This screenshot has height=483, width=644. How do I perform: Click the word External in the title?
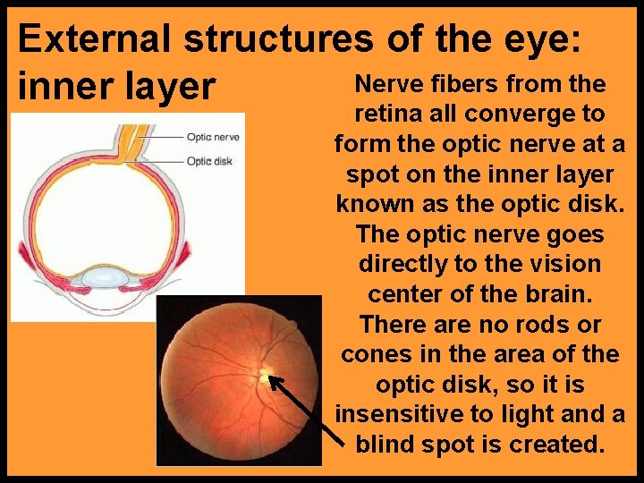(x=96, y=38)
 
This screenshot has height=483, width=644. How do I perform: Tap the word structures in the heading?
(x=280, y=38)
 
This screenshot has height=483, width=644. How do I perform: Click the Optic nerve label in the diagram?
(x=212, y=138)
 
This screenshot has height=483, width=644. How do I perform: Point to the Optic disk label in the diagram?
(x=210, y=161)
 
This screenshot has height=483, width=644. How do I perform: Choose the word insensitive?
(x=399, y=414)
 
